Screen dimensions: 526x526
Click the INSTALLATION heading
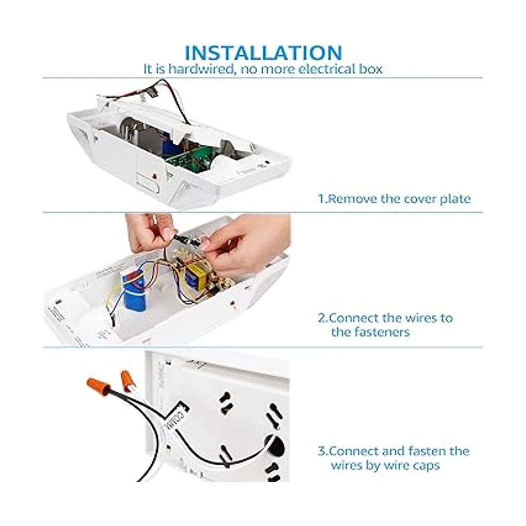pyautogui.click(x=263, y=53)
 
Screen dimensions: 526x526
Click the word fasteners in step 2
pyautogui.click(x=371, y=332)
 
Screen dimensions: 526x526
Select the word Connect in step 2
pyautogui.click(x=359, y=318)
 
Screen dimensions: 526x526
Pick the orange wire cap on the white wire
pyautogui.click(x=127, y=378)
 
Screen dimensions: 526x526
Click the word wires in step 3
pyautogui.click(x=347, y=465)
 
